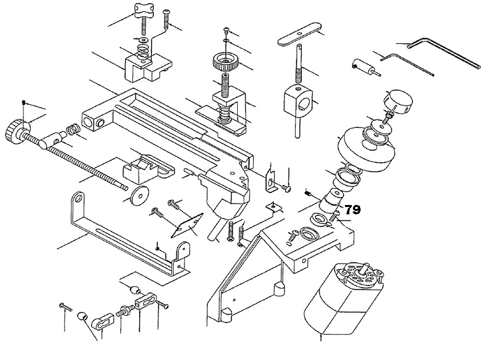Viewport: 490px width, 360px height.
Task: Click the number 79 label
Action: coord(353,210)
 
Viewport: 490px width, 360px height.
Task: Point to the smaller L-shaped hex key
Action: coord(407,64)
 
